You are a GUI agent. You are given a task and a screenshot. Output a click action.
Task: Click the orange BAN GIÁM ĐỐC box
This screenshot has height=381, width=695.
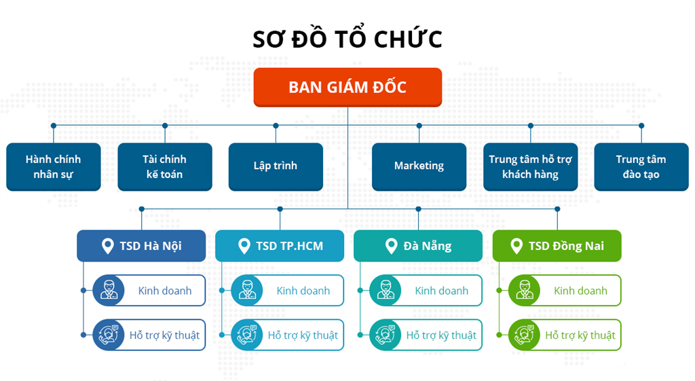[347, 87]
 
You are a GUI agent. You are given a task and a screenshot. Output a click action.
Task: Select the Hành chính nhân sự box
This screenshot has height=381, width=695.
[54, 166]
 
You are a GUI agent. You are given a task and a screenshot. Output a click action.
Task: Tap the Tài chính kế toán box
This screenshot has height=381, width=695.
[164, 166]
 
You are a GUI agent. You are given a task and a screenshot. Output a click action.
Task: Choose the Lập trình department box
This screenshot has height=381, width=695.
[276, 166]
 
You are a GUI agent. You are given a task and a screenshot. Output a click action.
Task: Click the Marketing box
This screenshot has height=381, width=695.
[419, 166]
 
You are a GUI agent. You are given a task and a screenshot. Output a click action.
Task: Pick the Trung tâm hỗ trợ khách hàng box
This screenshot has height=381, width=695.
[530, 166]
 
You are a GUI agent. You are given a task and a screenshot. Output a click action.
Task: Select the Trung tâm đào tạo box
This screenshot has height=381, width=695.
[641, 166]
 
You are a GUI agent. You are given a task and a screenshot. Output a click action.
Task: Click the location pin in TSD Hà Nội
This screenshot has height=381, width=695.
[107, 246]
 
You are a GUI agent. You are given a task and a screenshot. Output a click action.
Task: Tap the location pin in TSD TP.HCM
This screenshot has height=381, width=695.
[244, 246]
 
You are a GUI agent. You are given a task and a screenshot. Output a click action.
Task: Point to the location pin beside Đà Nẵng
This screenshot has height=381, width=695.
[391, 246]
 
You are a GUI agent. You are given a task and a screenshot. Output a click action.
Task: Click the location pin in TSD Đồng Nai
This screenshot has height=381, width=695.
[517, 246]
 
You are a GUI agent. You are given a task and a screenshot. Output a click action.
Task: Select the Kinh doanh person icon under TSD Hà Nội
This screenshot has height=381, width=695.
[108, 291]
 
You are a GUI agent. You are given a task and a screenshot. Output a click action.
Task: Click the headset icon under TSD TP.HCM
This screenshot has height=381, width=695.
[246, 335]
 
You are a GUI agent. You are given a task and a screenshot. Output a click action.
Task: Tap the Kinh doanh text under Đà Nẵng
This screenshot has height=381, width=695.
[441, 291]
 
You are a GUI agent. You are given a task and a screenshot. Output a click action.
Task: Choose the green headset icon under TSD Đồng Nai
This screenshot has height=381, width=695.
[524, 335]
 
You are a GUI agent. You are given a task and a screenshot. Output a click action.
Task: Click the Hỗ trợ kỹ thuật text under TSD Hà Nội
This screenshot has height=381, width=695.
[164, 335]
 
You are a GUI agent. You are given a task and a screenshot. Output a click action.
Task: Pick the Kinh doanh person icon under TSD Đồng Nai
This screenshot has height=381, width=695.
[524, 291]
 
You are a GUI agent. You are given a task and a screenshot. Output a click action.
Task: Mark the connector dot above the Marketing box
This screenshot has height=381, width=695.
[419, 126]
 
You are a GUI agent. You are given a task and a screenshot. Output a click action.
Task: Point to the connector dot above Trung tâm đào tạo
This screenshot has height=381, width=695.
[641, 126]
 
